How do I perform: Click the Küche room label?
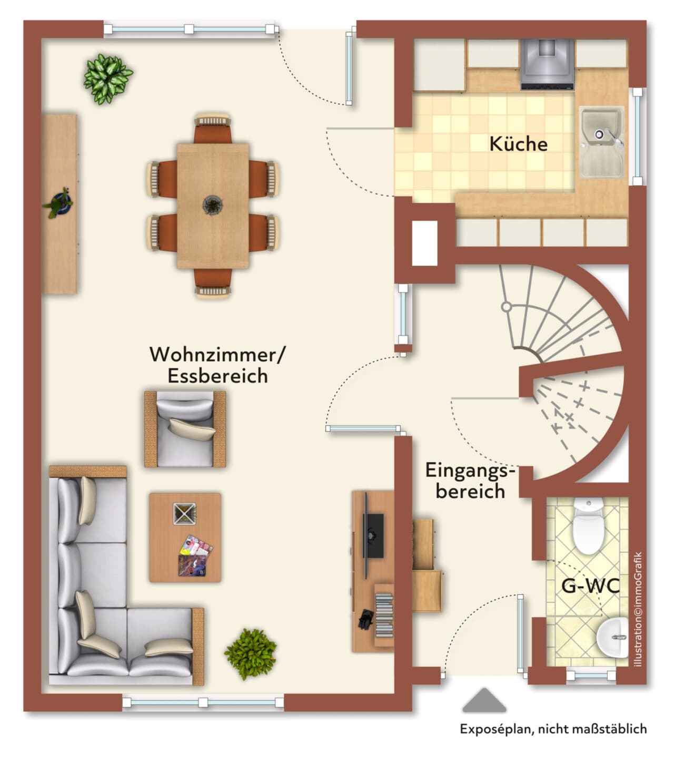pyautogui.click(x=518, y=144)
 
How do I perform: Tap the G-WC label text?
pyautogui.click(x=590, y=585)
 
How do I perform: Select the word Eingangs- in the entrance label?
pyautogui.click(x=470, y=471)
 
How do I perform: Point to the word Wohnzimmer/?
pyautogui.click(x=217, y=355)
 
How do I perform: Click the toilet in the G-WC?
pyautogui.click(x=588, y=526)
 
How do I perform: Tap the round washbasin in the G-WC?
pyautogui.click(x=612, y=637)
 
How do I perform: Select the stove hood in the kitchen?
pyautogui.click(x=548, y=64)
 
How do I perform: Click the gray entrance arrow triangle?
pyautogui.click(x=484, y=700)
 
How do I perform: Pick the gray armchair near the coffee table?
pyautogui.click(x=185, y=429)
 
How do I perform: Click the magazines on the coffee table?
pyautogui.click(x=194, y=556)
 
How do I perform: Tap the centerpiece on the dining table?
pyautogui.click(x=213, y=205)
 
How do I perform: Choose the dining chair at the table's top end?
pyautogui.click(x=213, y=129)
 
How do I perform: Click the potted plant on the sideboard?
pyautogui.click(x=58, y=203)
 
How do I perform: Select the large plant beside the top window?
pyautogui.click(x=107, y=79)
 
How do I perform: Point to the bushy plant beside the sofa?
pyautogui.click(x=251, y=654)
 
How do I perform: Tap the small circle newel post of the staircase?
pyautogui.click(x=507, y=307)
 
